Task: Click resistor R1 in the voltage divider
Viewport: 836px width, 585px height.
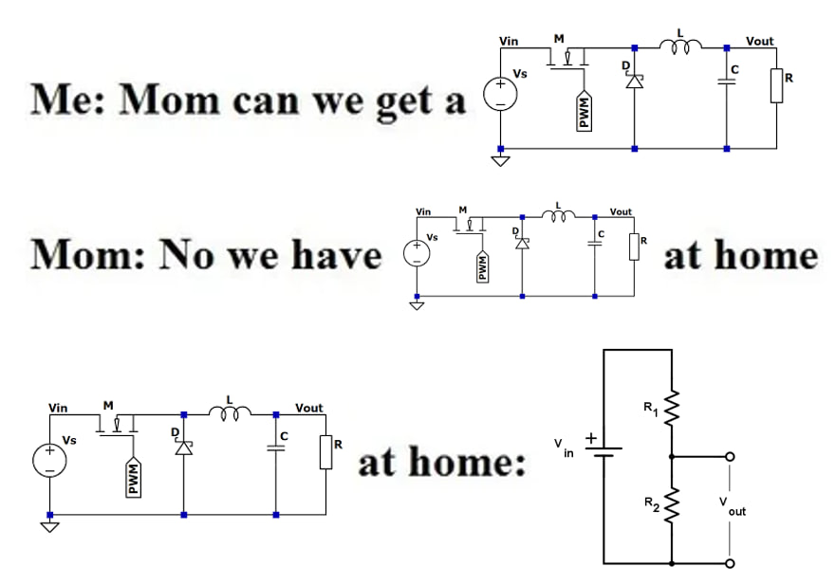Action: (672, 409)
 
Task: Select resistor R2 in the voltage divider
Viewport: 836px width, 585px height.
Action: (672, 503)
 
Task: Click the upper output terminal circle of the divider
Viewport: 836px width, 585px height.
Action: (729, 456)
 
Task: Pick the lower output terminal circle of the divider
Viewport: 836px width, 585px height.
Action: (729, 563)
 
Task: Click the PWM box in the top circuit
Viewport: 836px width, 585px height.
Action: (585, 113)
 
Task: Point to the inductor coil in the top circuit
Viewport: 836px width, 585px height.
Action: (680, 44)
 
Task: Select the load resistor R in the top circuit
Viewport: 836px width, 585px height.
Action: (776, 85)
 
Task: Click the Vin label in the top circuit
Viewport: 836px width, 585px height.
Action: (509, 41)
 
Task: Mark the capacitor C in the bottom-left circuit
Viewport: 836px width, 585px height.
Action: (276, 448)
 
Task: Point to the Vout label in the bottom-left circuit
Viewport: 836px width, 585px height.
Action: (309, 408)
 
